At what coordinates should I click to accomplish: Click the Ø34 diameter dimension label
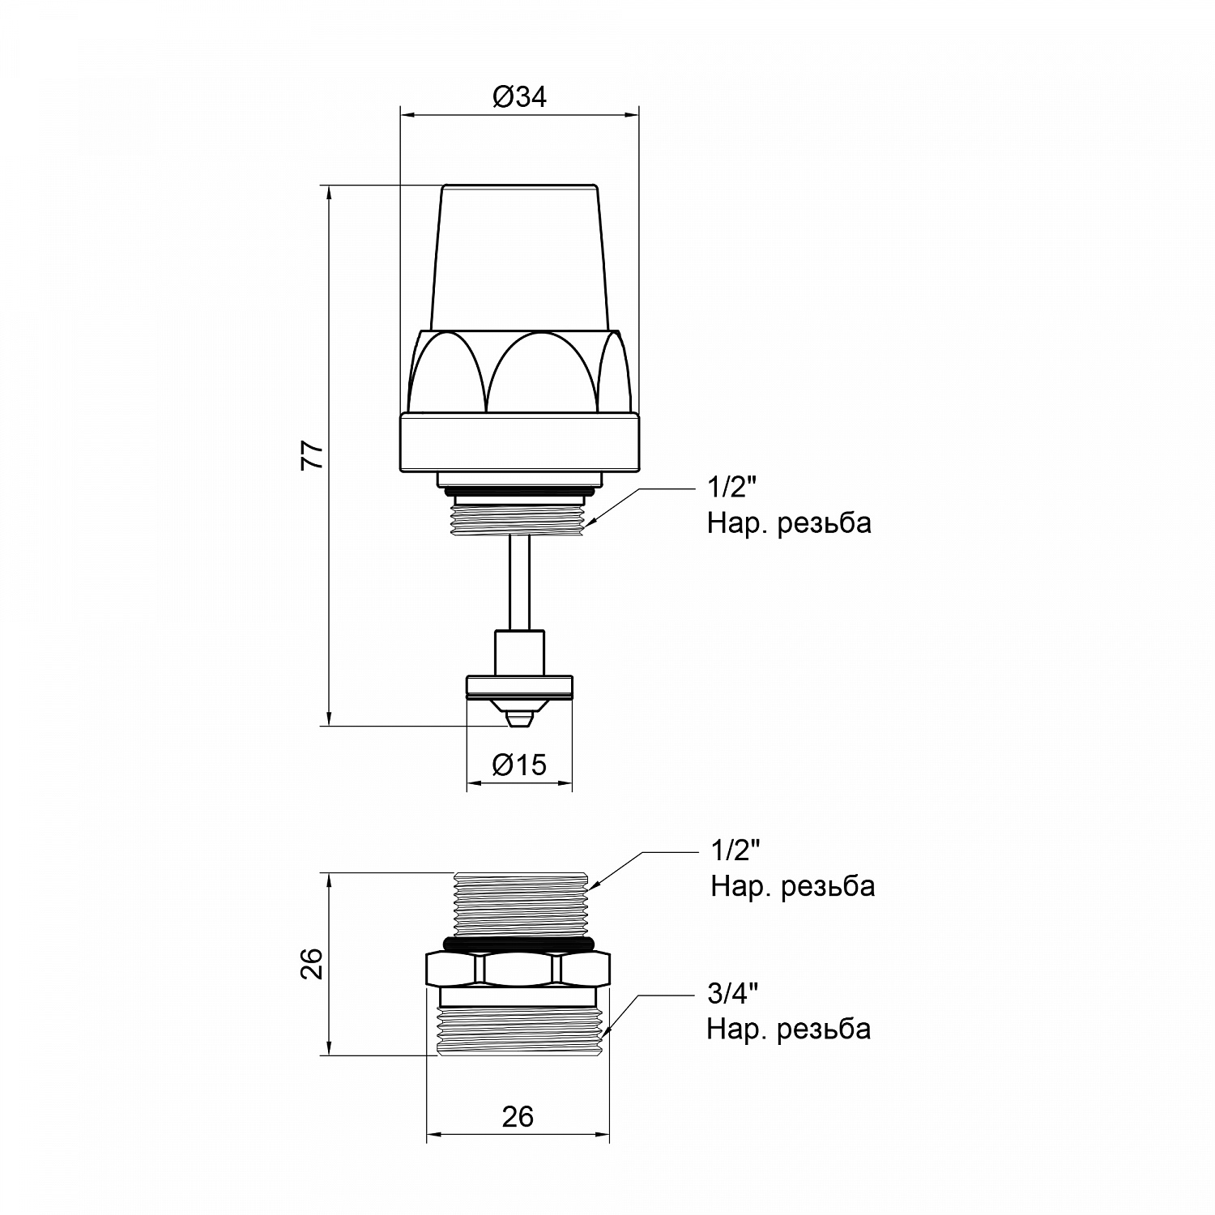[519, 97]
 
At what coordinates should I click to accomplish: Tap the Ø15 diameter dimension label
[519, 764]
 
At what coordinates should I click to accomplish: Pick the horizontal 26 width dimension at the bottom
[518, 1116]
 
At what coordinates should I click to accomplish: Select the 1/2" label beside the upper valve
[732, 488]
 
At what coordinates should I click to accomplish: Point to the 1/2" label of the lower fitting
[735, 850]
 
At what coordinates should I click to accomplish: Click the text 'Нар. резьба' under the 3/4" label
[789, 1030]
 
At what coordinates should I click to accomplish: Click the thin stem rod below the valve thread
[519, 583]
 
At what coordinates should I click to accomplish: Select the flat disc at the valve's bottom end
[519, 688]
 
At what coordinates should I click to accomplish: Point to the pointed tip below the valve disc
[519, 718]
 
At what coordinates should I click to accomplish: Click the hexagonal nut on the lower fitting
[518, 969]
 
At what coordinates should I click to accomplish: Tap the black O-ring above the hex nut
[518, 943]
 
